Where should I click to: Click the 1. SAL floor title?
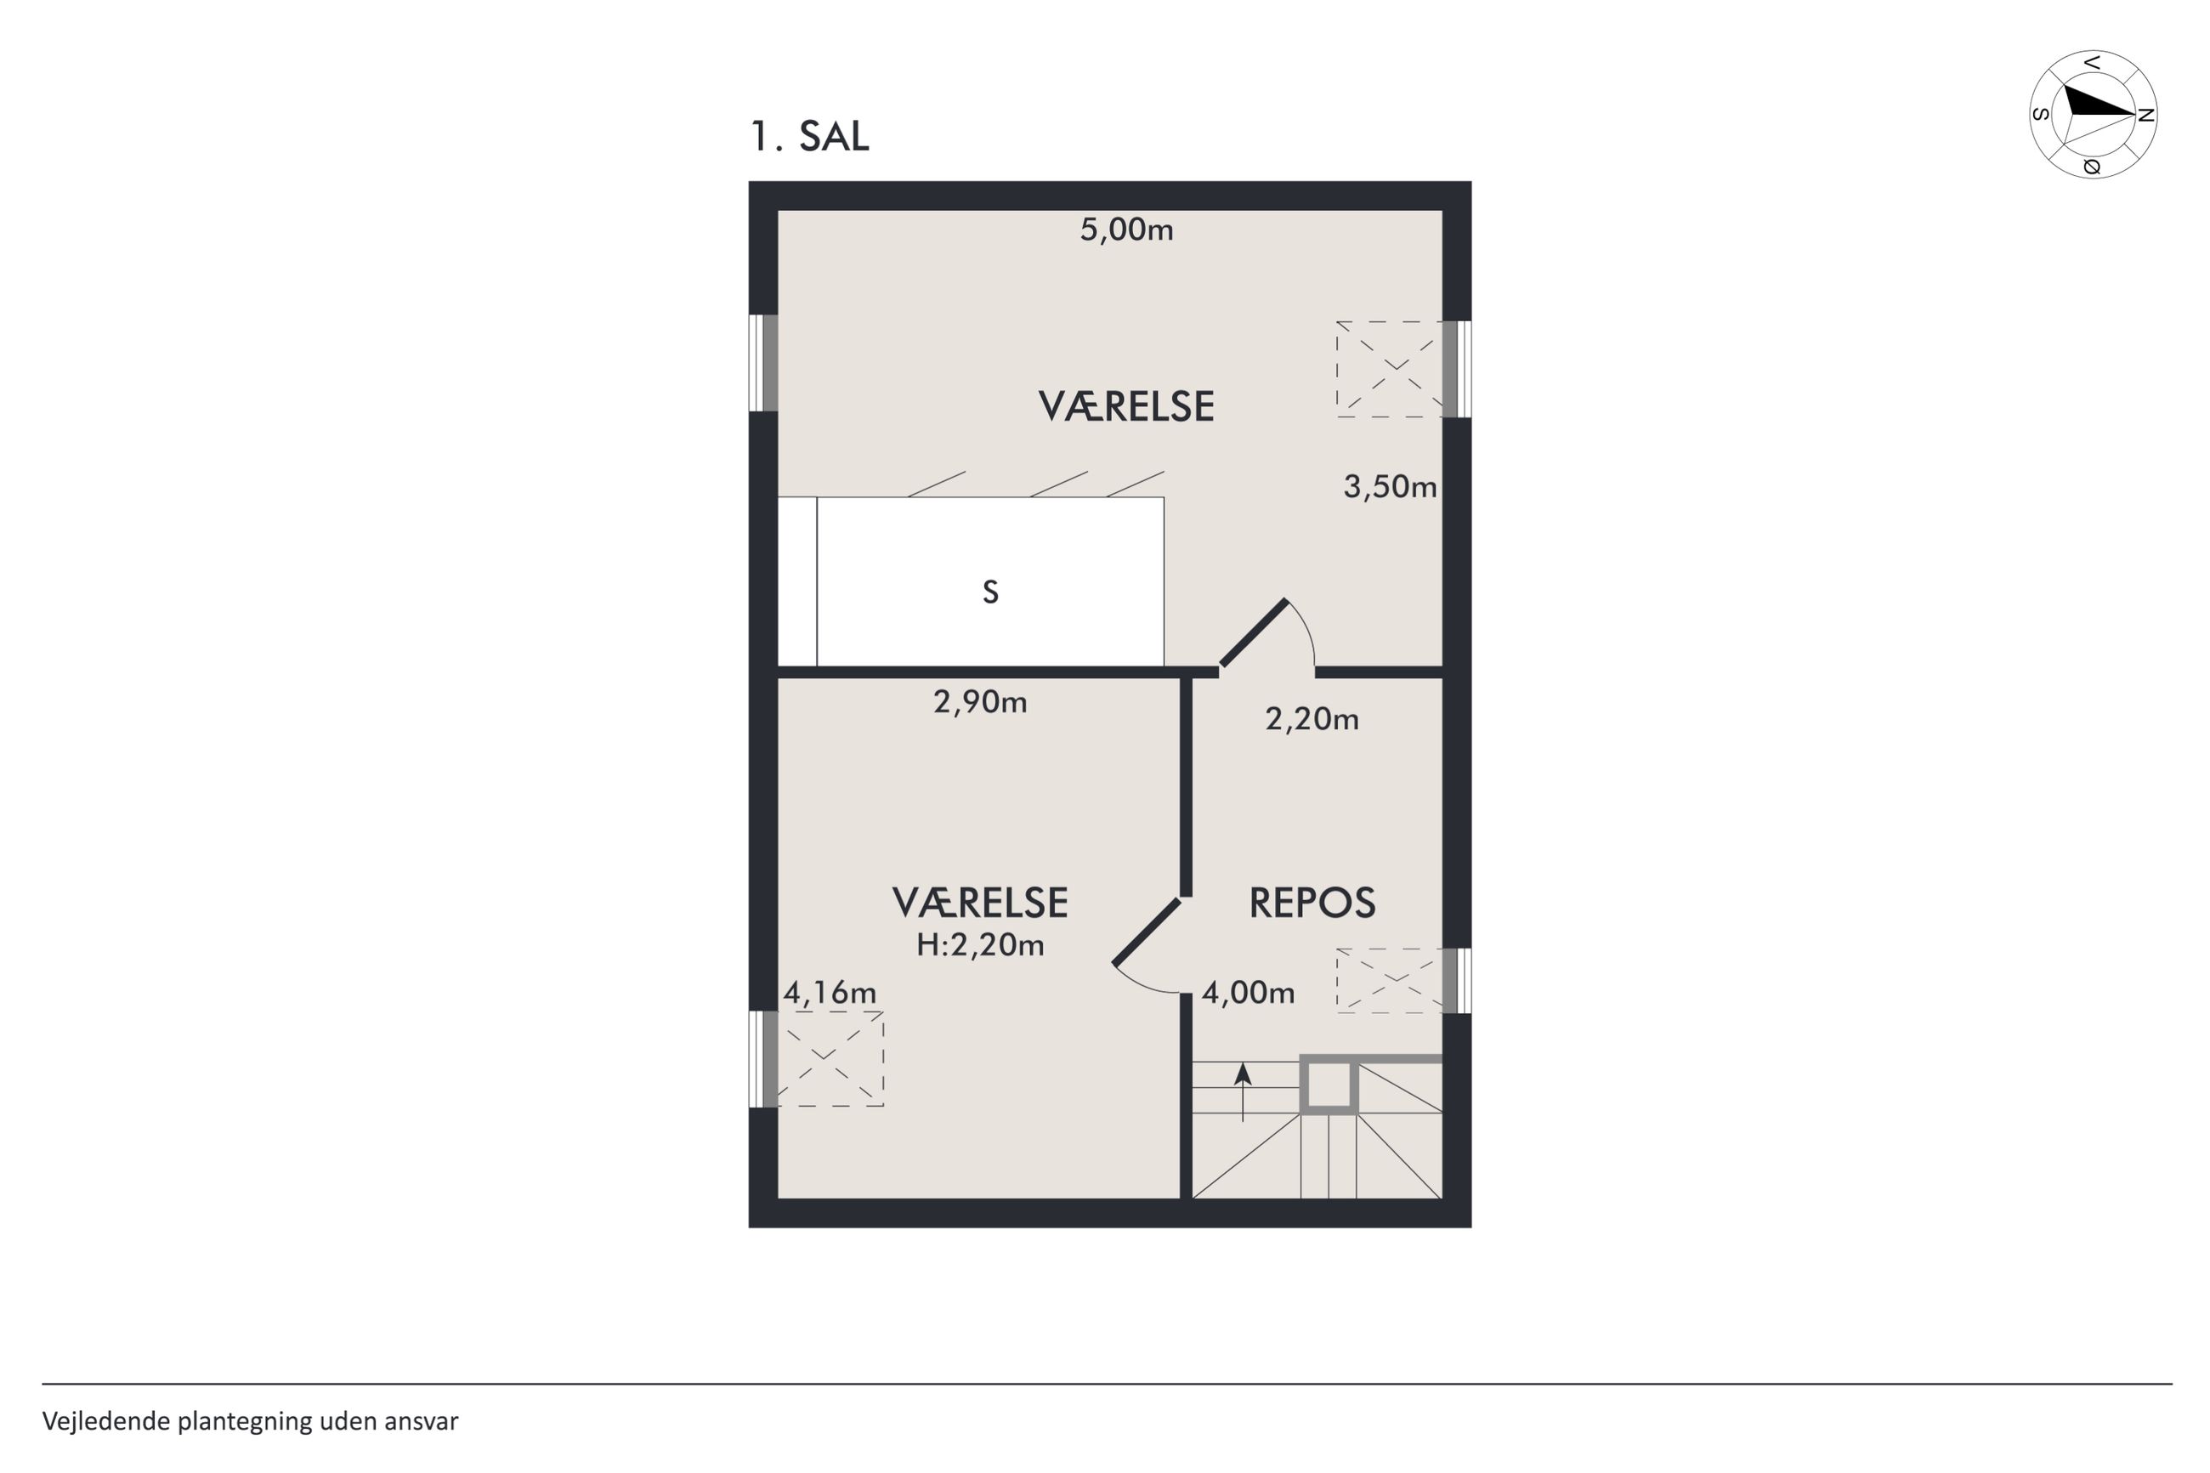click(808, 136)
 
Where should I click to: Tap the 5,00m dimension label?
click(1126, 229)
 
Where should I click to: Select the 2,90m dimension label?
click(979, 701)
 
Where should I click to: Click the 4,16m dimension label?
click(830, 992)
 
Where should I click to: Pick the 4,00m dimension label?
click(1249, 992)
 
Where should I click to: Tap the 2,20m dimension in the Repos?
click(1312, 719)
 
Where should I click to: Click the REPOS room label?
click(1312, 903)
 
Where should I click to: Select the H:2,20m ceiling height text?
click(979, 944)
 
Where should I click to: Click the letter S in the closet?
click(990, 592)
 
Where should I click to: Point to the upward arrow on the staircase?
click(1243, 1092)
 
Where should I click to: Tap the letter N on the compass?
click(2145, 115)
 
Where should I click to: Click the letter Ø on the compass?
click(2091, 167)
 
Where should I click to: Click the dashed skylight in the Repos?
click(1389, 980)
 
